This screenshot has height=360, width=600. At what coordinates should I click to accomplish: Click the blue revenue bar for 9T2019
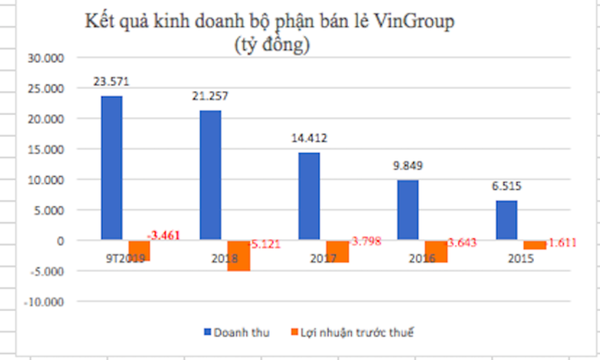coord(111,168)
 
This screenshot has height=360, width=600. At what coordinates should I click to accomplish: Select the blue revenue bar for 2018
coord(210,175)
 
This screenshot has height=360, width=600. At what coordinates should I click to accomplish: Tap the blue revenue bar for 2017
coord(309,196)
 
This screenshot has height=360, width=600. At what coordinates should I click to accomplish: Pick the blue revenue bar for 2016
coord(407,210)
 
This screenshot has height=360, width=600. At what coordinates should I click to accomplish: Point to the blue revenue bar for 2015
coord(506,221)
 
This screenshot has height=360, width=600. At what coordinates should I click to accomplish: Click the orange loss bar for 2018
coord(238,255)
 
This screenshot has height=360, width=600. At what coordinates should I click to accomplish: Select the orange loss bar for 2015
coord(535,245)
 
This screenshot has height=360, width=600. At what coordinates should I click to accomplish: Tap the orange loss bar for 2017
coord(337,251)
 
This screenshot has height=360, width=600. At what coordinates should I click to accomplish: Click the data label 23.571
coord(111,81)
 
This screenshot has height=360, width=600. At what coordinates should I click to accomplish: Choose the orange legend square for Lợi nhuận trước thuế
coord(294,333)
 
